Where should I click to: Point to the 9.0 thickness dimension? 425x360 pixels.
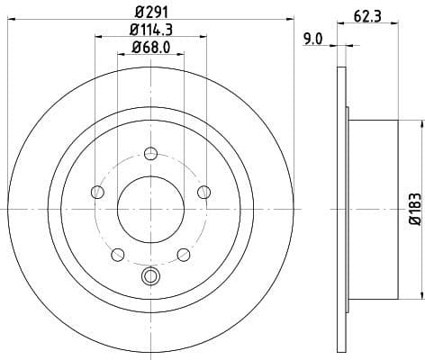click(x=313, y=38)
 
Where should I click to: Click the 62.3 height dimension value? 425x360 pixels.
click(x=363, y=14)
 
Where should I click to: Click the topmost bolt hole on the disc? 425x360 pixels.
click(x=150, y=152)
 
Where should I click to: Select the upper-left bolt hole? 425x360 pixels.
click(x=96, y=191)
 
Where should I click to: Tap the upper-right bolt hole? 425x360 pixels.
click(x=203, y=191)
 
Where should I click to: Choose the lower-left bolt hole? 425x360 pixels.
click(x=117, y=254)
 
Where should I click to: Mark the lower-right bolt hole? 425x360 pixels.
click(x=183, y=254)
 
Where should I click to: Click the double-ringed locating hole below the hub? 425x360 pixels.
click(x=150, y=276)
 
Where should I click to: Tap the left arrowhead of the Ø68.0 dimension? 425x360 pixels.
click(x=121, y=55)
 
